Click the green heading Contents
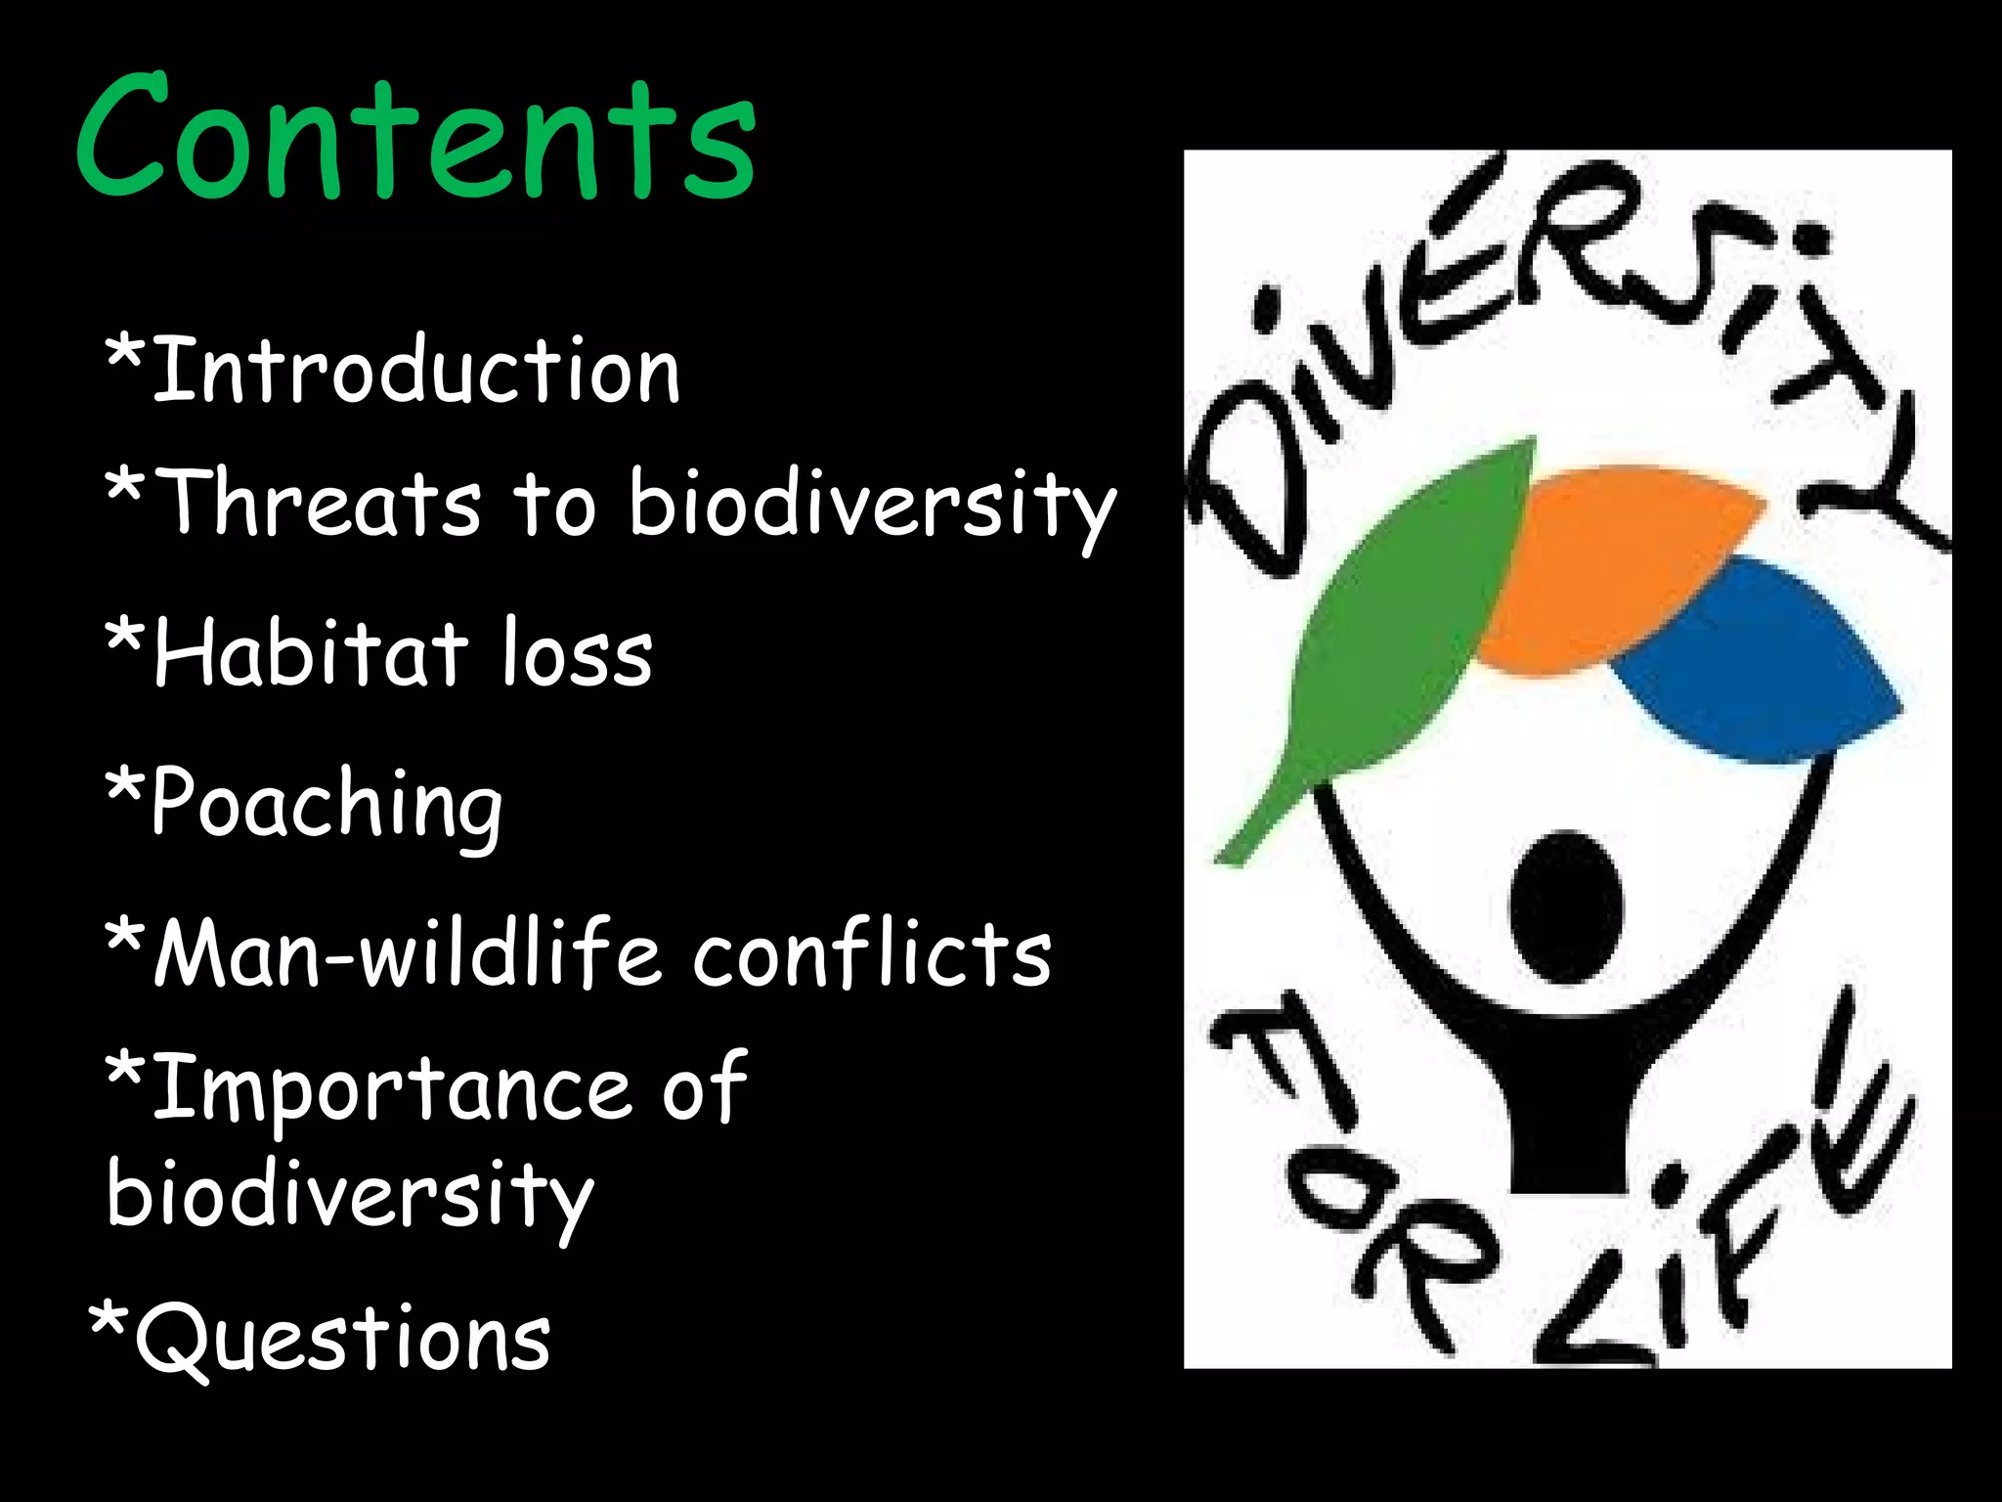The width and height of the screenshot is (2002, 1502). click(415, 137)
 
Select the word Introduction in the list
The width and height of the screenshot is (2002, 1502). click(415, 372)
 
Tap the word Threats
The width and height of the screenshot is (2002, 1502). click(318, 504)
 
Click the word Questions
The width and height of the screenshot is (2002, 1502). click(342, 1340)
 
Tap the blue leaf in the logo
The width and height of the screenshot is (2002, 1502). click(1760, 665)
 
